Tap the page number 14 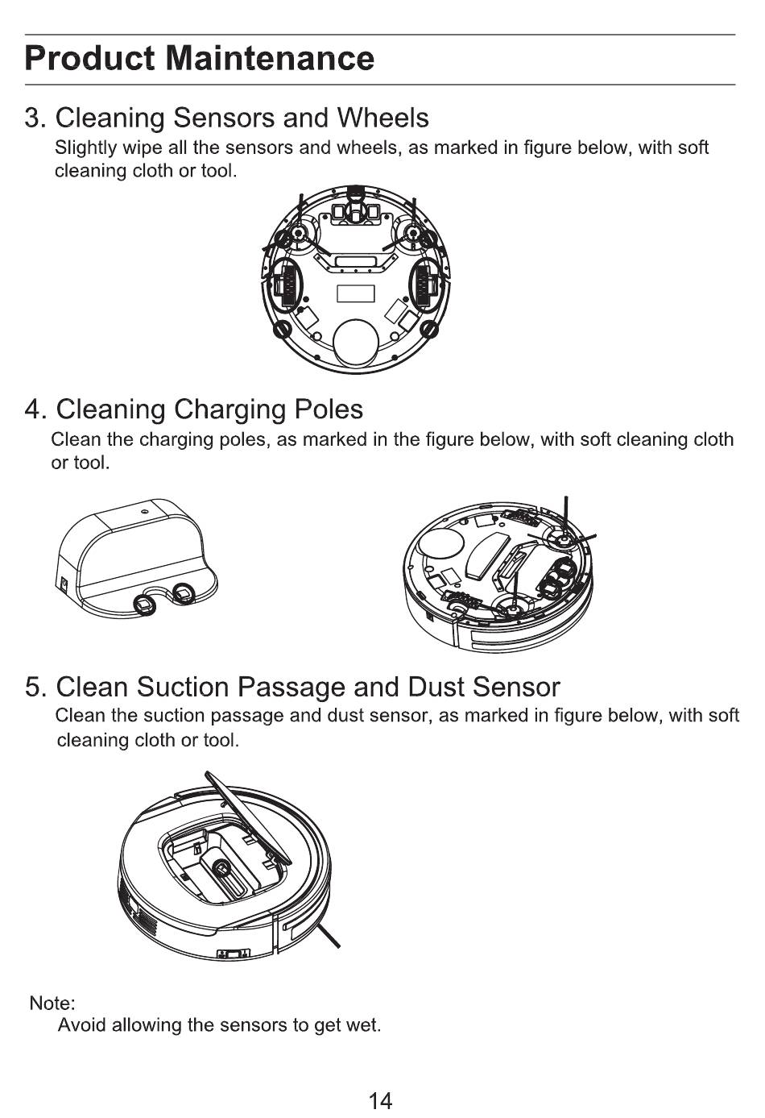point(380,1100)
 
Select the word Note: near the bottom point(52,1004)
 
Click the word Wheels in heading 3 point(382,118)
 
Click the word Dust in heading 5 point(436,687)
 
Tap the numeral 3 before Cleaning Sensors point(33,118)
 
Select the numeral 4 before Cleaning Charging point(33,409)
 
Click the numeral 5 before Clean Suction point(33,687)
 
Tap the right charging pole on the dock point(184,592)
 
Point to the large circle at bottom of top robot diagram point(354,343)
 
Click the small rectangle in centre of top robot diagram point(355,293)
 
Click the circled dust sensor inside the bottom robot point(220,867)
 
